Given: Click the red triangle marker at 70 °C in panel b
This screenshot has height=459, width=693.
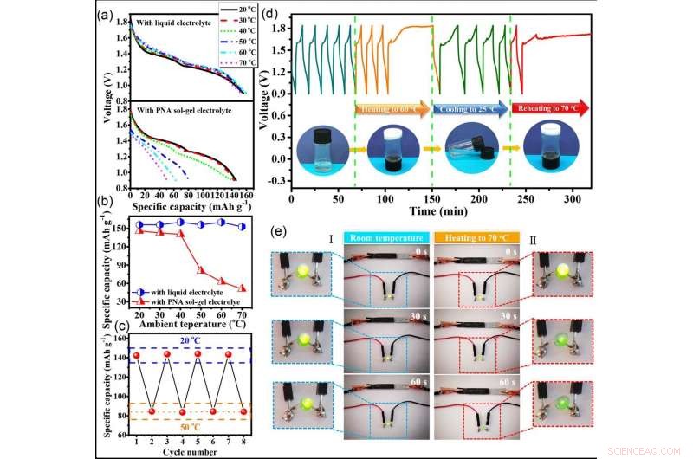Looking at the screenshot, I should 241,288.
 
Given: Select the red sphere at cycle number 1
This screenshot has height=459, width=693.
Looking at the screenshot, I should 136,356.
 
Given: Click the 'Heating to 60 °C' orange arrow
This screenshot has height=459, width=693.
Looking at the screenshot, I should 391,107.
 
